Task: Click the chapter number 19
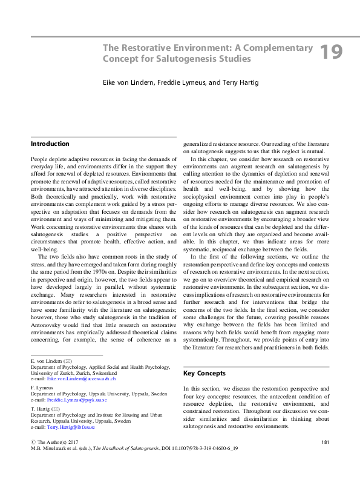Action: coord(331,52)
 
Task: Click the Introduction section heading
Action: coord(50,144)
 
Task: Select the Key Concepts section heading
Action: coord(205,374)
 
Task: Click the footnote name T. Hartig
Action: coord(41,409)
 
